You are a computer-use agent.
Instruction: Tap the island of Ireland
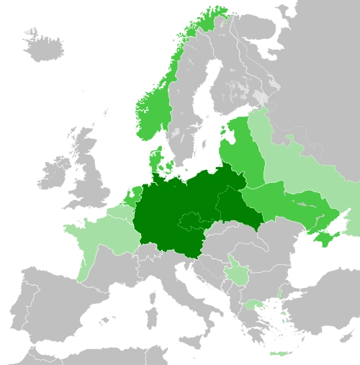pyautogui.click(x=54, y=172)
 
